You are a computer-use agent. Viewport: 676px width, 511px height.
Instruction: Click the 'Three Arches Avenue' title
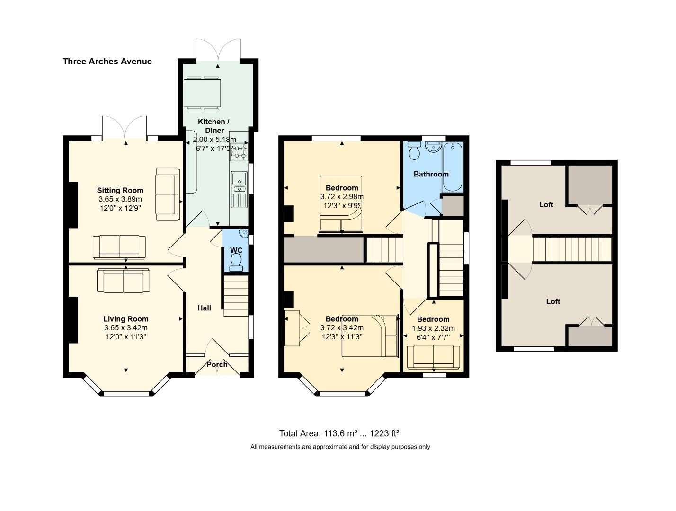point(107,62)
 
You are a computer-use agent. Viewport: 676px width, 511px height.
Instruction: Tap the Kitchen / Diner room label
point(213,126)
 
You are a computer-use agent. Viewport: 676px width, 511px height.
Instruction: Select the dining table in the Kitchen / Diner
point(202,94)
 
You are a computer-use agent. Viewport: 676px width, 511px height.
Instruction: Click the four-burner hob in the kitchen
point(239,151)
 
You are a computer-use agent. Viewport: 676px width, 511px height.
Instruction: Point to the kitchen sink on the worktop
point(239,182)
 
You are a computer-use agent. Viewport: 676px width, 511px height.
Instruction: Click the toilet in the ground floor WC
point(236,262)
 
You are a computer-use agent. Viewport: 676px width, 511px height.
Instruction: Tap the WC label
point(236,250)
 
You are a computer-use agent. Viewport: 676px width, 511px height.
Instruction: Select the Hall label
point(204,308)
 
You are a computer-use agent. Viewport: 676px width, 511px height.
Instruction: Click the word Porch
point(217,365)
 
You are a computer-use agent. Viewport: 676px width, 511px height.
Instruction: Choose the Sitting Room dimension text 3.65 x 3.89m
point(120,199)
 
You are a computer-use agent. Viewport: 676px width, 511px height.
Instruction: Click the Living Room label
point(125,319)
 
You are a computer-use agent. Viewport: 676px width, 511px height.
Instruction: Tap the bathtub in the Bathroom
point(453,167)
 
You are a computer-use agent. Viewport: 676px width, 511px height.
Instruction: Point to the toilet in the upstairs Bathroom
point(414,151)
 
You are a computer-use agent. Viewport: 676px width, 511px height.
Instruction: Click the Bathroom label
point(431,174)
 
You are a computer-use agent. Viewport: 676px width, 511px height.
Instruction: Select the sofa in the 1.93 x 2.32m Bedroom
point(433,357)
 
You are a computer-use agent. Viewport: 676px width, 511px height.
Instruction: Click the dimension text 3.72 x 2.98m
point(342,197)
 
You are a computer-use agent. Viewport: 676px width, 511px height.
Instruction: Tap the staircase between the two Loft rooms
point(572,249)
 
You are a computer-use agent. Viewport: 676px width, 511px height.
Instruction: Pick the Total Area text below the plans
point(339,434)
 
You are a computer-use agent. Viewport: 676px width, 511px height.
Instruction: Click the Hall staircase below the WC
point(236,296)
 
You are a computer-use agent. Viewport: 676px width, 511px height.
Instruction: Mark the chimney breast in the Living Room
point(73,320)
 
